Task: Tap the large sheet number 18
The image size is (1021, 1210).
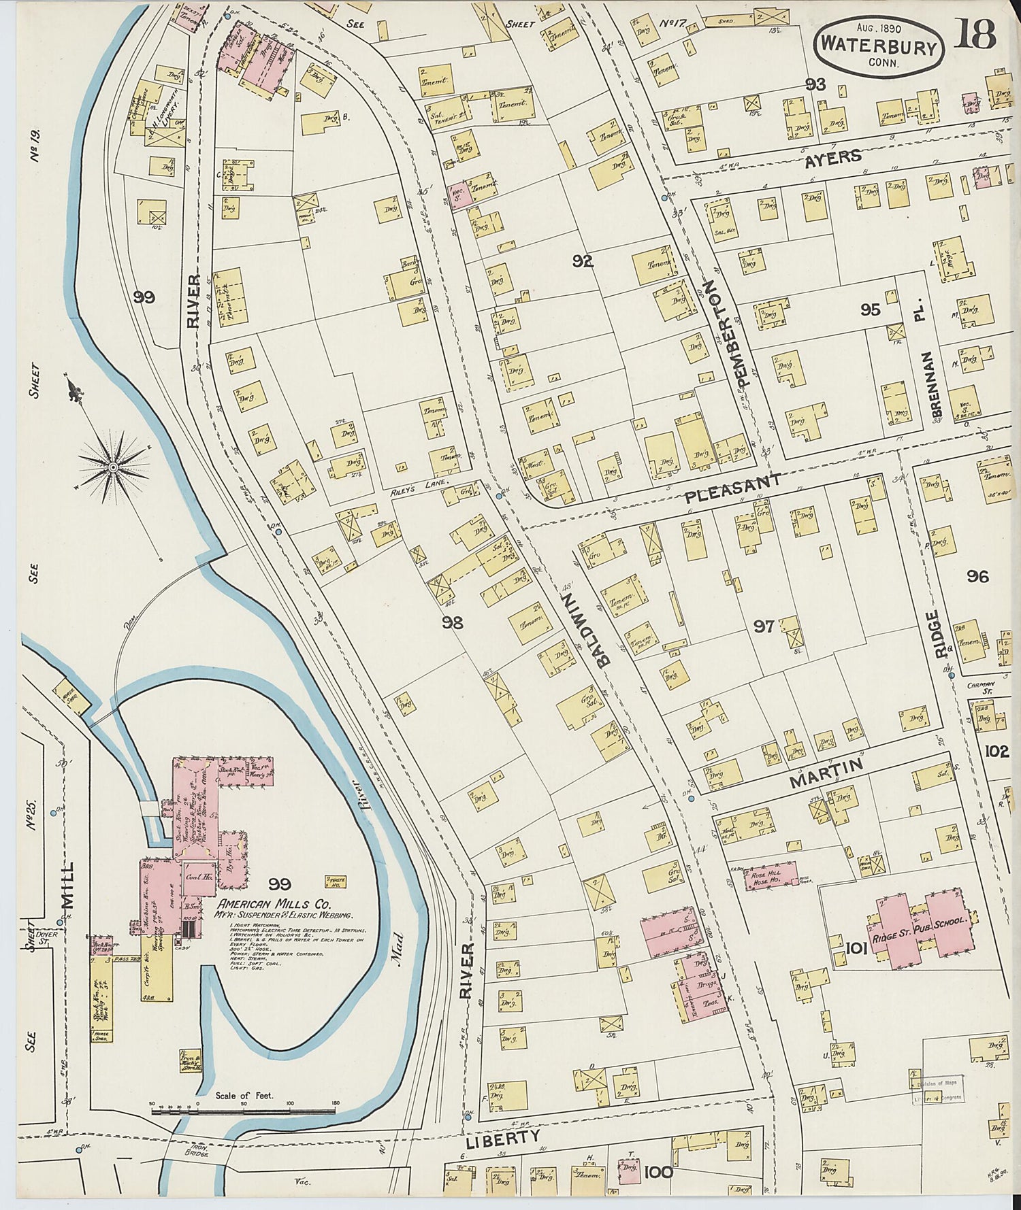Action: (975, 34)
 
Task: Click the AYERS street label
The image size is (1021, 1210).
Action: (833, 158)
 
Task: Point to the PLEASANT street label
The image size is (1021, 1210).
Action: (732, 489)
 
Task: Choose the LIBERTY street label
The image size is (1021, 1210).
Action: (503, 1137)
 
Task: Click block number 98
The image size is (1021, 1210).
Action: (452, 622)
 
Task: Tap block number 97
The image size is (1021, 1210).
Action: (763, 626)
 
